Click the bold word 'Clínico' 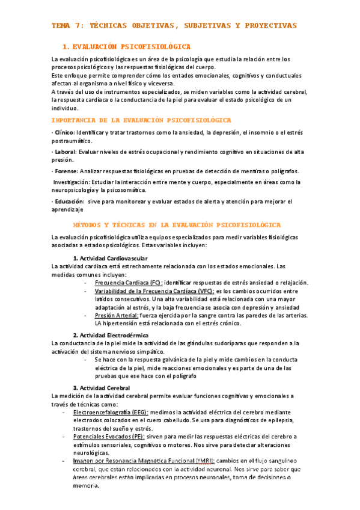[x=64, y=131]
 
